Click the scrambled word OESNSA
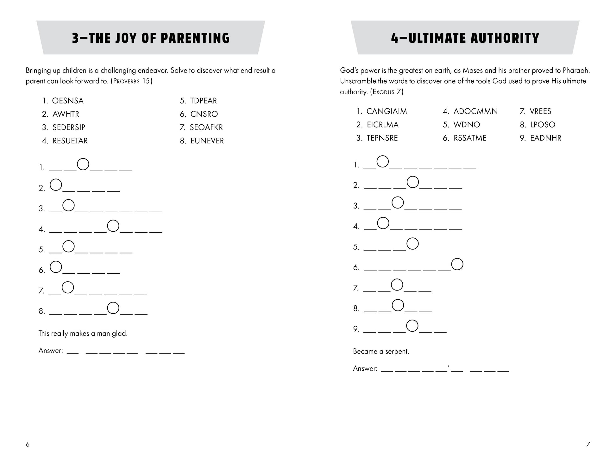[x=68, y=101]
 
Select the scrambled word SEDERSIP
[x=69, y=128]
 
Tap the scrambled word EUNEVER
[x=207, y=141]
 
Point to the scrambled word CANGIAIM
[x=387, y=111]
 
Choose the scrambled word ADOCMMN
[x=475, y=111]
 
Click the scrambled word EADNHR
[x=546, y=138]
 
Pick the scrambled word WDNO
[x=467, y=125]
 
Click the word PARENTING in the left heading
[x=195, y=38]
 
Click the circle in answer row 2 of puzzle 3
[x=56, y=184]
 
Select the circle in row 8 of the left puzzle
[x=113, y=308]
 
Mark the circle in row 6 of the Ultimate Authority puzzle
[x=457, y=264]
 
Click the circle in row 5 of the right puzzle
[x=412, y=243]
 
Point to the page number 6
[x=28, y=444]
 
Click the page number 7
[x=588, y=444]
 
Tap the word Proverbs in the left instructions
[x=127, y=81]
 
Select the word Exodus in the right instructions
[x=383, y=92]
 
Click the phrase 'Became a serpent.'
[x=381, y=352]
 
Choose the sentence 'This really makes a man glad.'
[x=83, y=333]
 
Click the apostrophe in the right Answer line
[x=449, y=366]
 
